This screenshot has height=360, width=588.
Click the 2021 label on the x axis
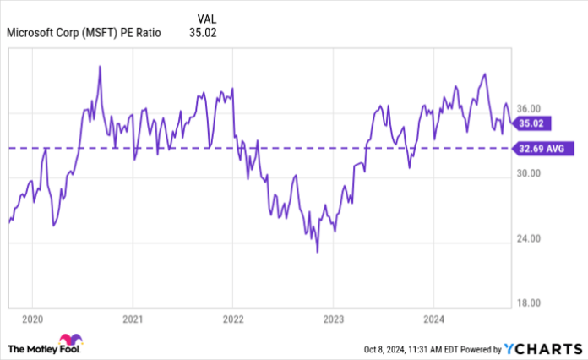[x=132, y=319]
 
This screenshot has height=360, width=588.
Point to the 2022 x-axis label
[x=232, y=319]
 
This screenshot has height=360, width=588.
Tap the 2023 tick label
[x=332, y=319]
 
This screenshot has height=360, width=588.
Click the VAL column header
[x=205, y=18]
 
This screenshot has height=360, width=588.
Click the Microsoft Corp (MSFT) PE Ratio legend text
[x=83, y=34]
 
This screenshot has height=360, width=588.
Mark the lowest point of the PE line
[x=318, y=252]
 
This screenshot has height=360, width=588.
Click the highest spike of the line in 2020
[x=101, y=66]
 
